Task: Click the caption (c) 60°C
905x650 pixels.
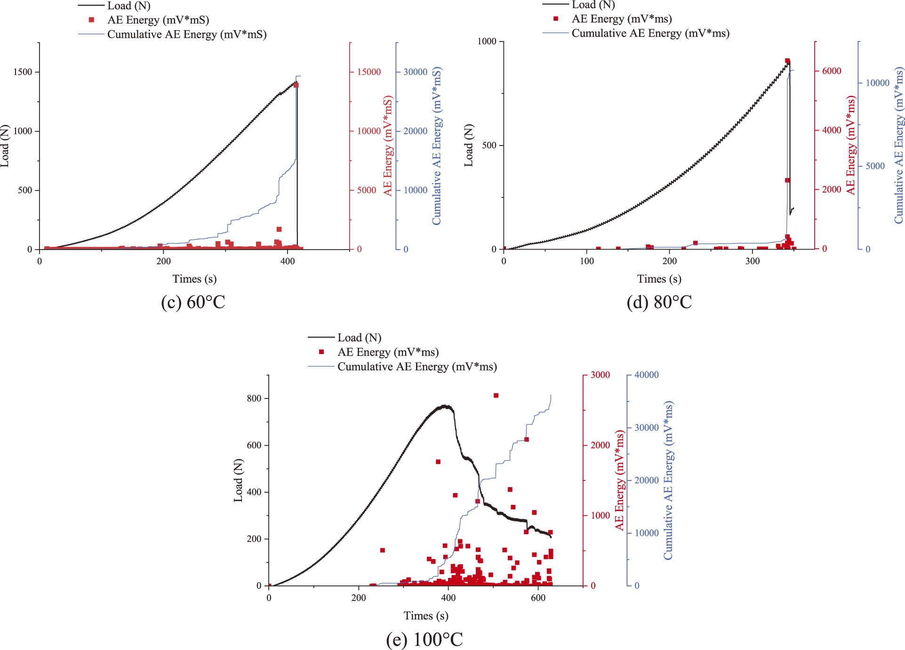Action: pyautogui.click(x=193, y=302)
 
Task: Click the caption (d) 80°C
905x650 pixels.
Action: pyautogui.click(x=659, y=302)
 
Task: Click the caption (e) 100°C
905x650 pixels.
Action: pyautogui.click(x=424, y=639)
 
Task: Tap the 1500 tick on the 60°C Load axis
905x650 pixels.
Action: pyautogui.click(x=23, y=72)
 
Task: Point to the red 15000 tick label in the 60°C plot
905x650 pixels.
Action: pyautogui.click(x=368, y=72)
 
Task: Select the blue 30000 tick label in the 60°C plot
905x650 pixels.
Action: pyautogui.click(x=415, y=72)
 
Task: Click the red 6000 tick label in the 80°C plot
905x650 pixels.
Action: pyautogui.click(x=831, y=71)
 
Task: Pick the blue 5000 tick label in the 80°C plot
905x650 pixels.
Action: pyautogui.click(x=875, y=166)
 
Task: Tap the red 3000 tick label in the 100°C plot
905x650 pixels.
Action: pyautogui.click(x=600, y=375)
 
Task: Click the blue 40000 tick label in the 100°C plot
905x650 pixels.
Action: pyautogui.click(x=646, y=375)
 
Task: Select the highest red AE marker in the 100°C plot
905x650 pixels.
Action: pyautogui.click(x=496, y=396)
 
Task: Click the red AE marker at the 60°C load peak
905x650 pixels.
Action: pyautogui.click(x=296, y=85)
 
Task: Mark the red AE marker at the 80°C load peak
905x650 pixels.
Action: pyautogui.click(x=787, y=61)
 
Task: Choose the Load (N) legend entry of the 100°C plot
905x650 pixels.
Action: pyautogui.click(x=359, y=338)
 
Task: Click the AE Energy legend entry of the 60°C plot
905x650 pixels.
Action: pyautogui.click(x=158, y=20)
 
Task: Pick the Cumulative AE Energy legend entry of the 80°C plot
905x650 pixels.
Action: pyautogui.click(x=650, y=33)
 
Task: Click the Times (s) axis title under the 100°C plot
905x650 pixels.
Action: pyautogui.click(x=426, y=616)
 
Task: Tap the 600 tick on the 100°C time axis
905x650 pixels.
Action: pyautogui.click(x=538, y=598)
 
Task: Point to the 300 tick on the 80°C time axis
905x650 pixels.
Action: pyautogui.click(x=753, y=261)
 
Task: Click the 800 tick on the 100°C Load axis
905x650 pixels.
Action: pyautogui.click(x=254, y=398)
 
